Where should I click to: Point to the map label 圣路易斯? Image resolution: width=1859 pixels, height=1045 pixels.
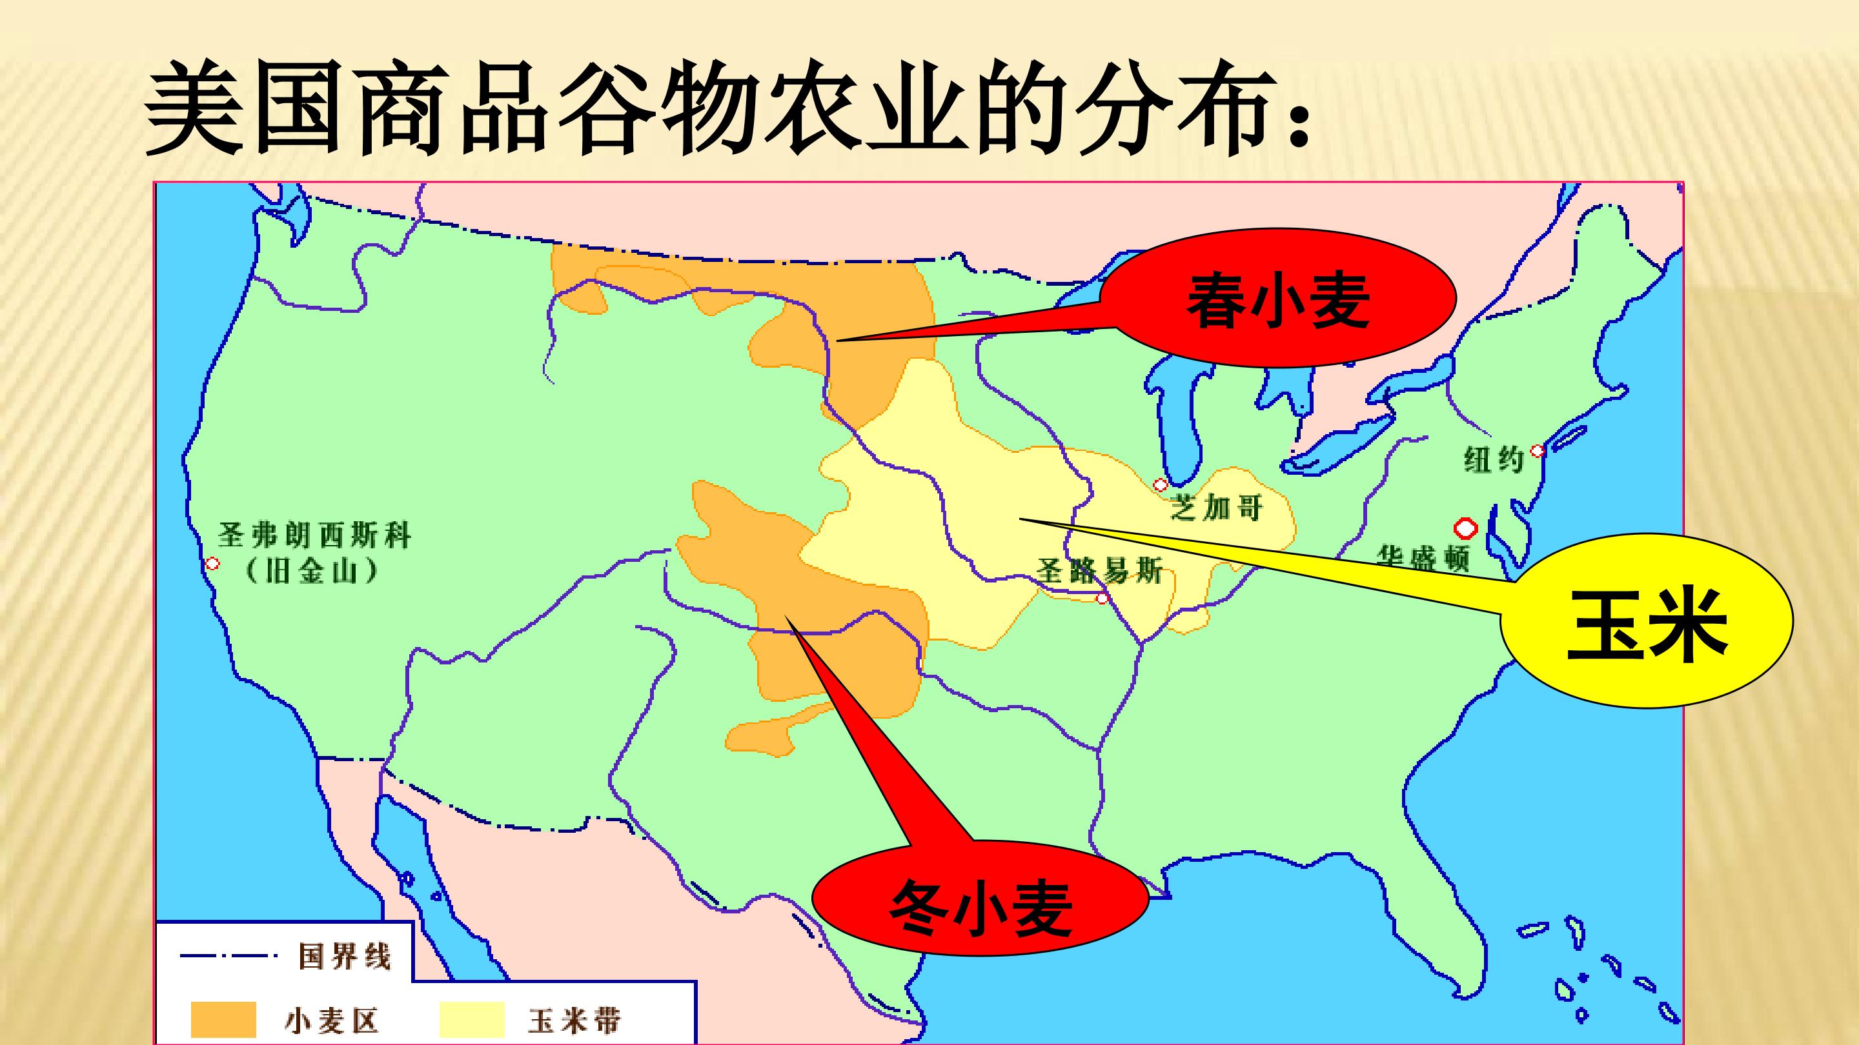click(x=1100, y=571)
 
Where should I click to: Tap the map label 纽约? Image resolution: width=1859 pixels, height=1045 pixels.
click(x=1493, y=459)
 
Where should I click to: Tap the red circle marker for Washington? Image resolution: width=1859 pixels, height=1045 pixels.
click(x=1466, y=528)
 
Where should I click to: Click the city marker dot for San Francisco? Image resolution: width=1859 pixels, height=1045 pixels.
click(x=212, y=564)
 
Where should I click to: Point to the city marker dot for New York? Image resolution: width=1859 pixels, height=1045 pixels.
click(x=1537, y=451)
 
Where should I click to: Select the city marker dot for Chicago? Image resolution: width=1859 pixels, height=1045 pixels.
click(x=1161, y=484)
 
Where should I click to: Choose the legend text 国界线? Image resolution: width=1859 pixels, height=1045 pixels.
click(x=344, y=958)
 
